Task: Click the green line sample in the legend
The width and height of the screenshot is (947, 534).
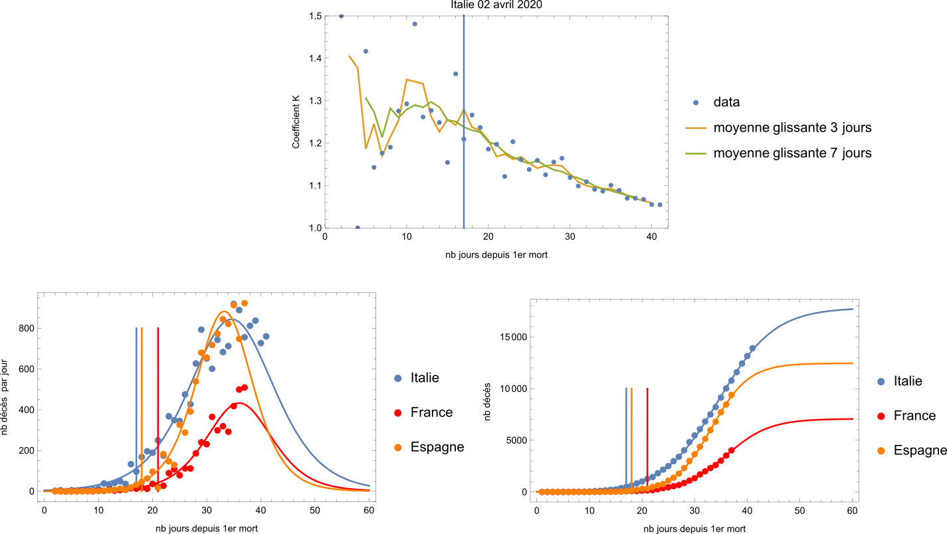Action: [695, 153]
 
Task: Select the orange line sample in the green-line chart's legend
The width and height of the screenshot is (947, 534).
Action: [695, 128]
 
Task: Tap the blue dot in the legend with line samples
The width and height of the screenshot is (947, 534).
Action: [696, 102]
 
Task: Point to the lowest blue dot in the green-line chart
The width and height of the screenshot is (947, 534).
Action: [358, 227]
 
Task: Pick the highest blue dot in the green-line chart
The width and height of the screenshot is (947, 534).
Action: [341, 16]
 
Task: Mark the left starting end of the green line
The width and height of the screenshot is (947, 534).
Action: [366, 98]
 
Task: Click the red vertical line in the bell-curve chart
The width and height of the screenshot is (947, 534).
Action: [158, 399]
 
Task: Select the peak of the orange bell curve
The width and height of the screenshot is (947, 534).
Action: [225, 311]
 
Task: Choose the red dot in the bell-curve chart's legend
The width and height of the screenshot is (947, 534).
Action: [398, 413]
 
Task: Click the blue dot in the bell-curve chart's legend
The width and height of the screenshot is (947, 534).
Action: [398, 379]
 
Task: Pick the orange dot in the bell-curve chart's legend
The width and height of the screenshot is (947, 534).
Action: [398, 448]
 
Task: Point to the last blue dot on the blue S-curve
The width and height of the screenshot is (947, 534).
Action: [752, 348]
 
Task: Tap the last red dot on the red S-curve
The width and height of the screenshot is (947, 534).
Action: [731, 450]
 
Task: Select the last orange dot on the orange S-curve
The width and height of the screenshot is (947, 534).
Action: [731, 395]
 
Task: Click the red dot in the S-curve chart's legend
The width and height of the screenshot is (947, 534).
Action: [881, 416]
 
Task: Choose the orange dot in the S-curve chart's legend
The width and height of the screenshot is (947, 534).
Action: [881, 451]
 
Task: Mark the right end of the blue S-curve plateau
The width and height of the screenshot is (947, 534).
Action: [853, 309]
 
